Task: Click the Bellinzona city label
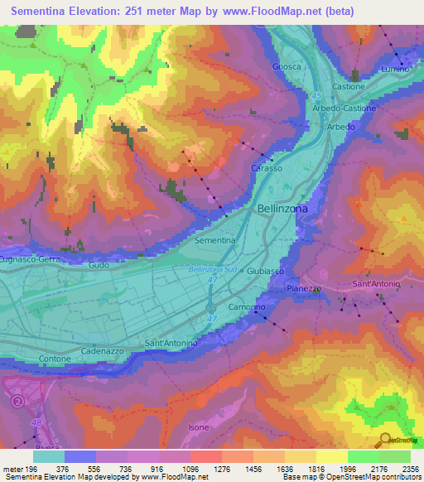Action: (282, 210)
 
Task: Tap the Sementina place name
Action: (214, 240)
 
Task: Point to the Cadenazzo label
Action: (103, 351)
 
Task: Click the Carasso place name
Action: (267, 168)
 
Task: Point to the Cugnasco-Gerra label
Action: (31, 258)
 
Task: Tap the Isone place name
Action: (199, 427)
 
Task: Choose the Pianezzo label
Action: (303, 288)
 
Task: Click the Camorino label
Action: (247, 307)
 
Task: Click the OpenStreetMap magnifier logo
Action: (385, 439)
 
